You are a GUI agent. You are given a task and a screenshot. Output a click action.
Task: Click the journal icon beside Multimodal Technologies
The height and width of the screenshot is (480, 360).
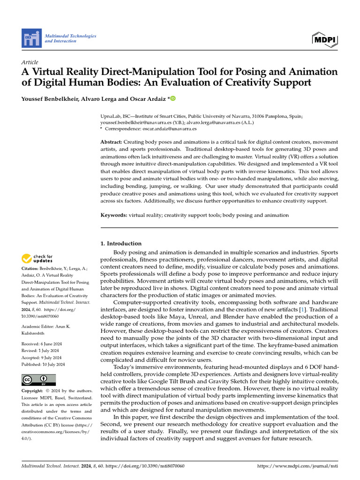pyautogui.click(x=31, y=37)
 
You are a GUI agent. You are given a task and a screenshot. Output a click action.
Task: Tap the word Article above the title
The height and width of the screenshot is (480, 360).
pyautogui.click(x=30, y=62)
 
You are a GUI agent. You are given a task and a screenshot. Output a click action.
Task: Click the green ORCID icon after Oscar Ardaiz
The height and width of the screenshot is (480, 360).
pyautogui.click(x=172, y=98)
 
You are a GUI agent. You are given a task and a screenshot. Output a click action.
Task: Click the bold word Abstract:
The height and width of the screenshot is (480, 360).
pyautogui.click(x=112, y=142)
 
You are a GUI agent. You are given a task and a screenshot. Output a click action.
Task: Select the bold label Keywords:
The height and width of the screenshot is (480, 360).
pyautogui.click(x=114, y=215)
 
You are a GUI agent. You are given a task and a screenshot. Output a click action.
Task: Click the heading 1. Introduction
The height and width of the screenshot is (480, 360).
pyautogui.click(x=121, y=243)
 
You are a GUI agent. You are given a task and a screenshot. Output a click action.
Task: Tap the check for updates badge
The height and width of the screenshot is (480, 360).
pyautogui.click(x=37, y=258)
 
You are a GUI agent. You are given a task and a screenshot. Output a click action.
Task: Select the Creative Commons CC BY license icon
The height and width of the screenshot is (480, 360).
pyautogui.click(x=38, y=380)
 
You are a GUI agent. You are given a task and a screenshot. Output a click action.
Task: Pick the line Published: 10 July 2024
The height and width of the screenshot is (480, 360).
pyautogui.click(x=43, y=364)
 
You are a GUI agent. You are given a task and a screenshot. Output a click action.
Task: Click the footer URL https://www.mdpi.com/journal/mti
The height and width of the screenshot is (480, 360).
pyautogui.click(x=298, y=466)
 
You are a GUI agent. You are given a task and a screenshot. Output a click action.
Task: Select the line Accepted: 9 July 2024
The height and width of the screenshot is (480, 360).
pyautogui.click(x=42, y=358)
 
